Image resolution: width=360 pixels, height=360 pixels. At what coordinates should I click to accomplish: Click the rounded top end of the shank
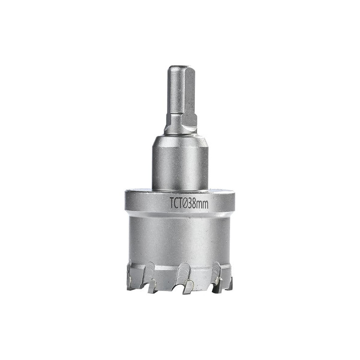[x=181, y=69]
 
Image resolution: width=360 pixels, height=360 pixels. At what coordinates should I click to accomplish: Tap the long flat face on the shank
[x=190, y=92]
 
